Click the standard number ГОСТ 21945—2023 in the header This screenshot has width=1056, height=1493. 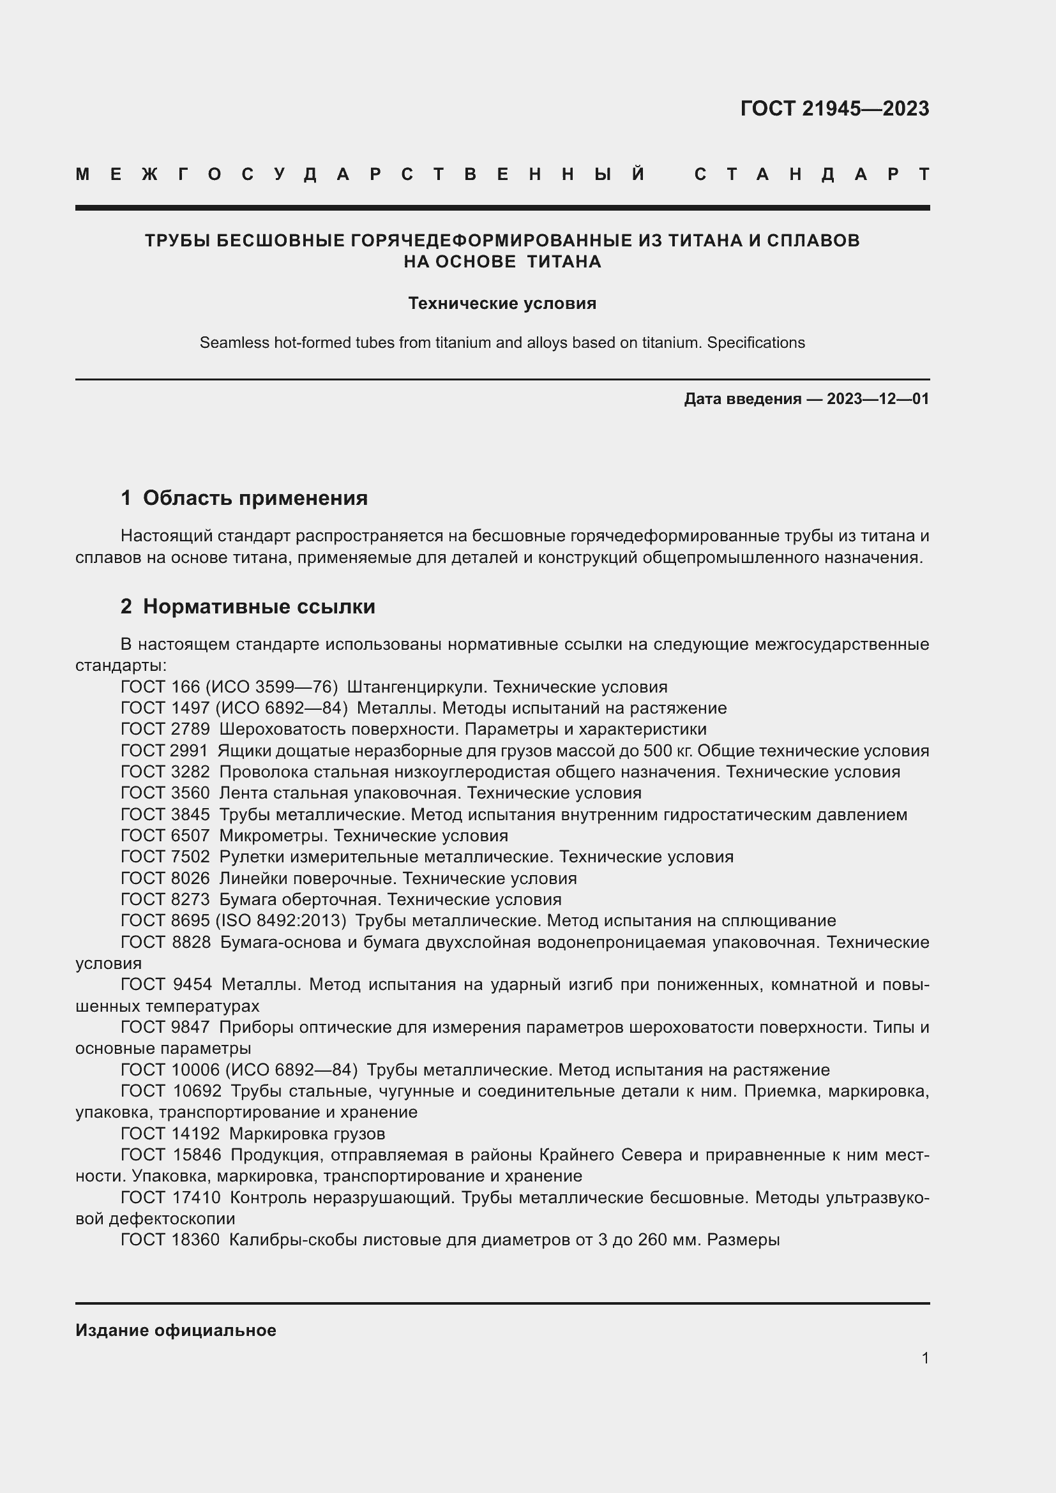click(834, 109)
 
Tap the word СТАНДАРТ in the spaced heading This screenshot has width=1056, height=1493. click(812, 174)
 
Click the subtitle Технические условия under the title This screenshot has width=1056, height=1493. click(502, 304)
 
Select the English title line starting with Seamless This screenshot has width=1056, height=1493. click(502, 343)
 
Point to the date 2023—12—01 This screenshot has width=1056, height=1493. click(878, 398)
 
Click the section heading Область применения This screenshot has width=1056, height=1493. click(255, 498)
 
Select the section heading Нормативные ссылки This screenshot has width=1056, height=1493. click(259, 606)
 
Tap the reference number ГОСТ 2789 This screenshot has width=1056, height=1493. click(165, 730)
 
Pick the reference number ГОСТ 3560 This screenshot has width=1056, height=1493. click(165, 793)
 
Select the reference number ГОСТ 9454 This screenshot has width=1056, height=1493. click(166, 984)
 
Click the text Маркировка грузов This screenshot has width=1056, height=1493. click(307, 1134)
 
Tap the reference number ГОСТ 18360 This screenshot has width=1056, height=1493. click(170, 1240)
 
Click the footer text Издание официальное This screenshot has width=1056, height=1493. click(176, 1330)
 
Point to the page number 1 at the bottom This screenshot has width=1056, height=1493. click(925, 1358)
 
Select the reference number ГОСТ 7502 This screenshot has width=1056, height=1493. click(165, 857)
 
